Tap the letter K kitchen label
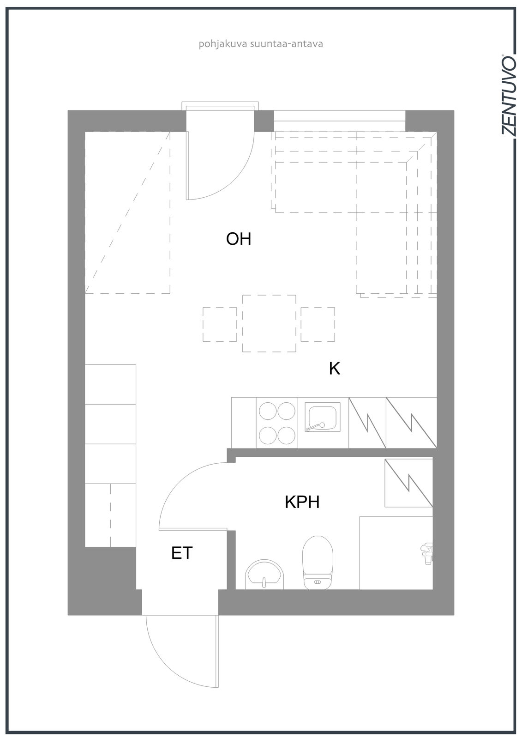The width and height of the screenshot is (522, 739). pyautogui.click(x=334, y=369)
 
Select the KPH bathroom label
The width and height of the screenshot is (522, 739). pyautogui.click(x=302, y=502)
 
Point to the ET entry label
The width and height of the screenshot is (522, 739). pyautogui.click(x=182, y=553)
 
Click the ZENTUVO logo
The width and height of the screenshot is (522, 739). pyautogui.click(x=508, y=95)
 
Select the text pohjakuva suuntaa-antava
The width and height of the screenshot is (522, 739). pyautogui.click(x=260, y=44)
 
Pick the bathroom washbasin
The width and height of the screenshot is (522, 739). pyautogui.click(x=264, y=575)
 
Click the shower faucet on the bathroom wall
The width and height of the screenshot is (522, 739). pyautogui.click(x=427, y=554)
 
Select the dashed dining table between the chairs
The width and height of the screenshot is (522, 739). pyautogui.click(x=269, y=323)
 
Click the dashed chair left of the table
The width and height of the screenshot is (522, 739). pyautogui.click(x=220, y=324)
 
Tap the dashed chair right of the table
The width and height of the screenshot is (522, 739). pyautogui.click(x=318, y=324)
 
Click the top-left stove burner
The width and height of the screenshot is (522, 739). pyautogui.click(x=268, y=411)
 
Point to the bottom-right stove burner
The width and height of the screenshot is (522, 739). pyautogui.click(x=286, y=436)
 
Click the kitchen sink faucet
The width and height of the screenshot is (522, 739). pyautogui.click(x=316, y=427)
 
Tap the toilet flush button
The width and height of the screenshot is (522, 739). pyautogui.click(x=318, y=583)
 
